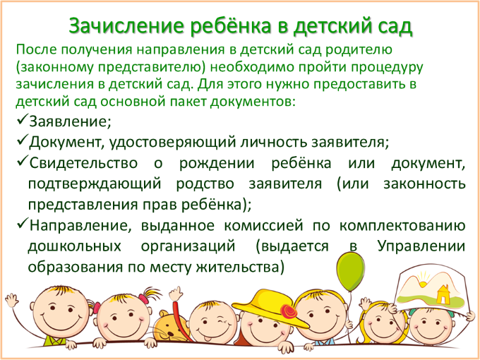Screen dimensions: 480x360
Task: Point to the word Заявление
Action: [70, 121]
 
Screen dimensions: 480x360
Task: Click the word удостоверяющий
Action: [172, 143]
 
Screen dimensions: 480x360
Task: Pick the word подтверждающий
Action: [95, 184]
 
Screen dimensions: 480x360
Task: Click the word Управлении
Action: [421, 247]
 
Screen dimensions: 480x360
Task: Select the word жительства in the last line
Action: [238, 267]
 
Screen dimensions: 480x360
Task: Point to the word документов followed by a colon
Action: [252, 102]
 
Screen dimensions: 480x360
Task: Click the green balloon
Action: [350, 271]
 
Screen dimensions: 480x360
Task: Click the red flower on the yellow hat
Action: [289, 311]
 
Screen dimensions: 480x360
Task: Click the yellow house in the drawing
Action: [443, 294]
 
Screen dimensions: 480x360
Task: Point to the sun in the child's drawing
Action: [424, 282]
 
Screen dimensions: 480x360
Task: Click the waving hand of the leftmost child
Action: [11, 299]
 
